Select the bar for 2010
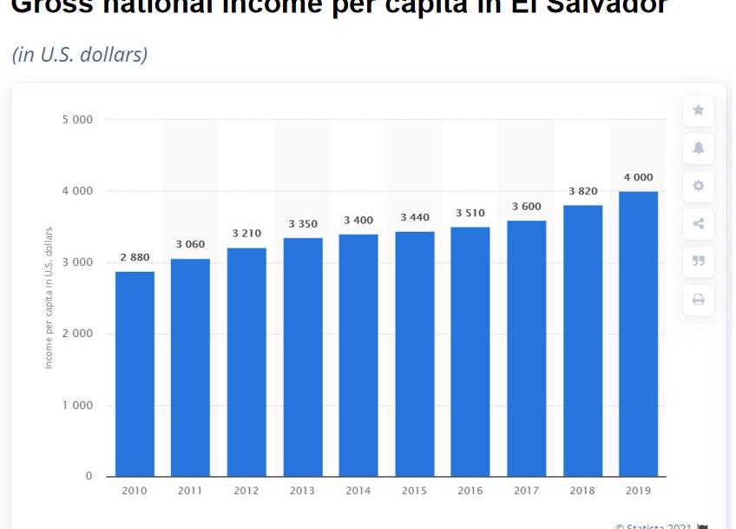pyautogui.click(x=135, y=374)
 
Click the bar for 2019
pyautogui.click(x=639, y=334)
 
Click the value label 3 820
pyautogui.click(x=582, y=191)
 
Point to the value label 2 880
pyautogui.click(x=135, y=258)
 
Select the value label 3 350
pyautogui.click(x=303, y=224)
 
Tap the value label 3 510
pyautogui.click(x=470, y=213)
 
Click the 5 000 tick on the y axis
pyautogui.click(x=77, y=119)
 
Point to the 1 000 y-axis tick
pyautogui.click(x=77, y=406)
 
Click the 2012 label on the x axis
pyautogui.click(x=246, y=491)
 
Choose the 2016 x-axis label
pyautogui.click(x=470, y=491)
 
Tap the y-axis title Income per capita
pyautogui.click(x=49, y=297)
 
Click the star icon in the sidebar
pyautogui.click(x=699, y=110)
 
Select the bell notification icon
pyautogui.click(x=699, y=148)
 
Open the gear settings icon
pyautogui.click(x=699, y=186)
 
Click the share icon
pyautogui.click(x=699, y=224)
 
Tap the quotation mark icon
pyautogui.click(x=699, y=261)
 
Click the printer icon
pyautogui.click(x=699, y=300)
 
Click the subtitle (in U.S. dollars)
pyautogui.click(x=80, y=54)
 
